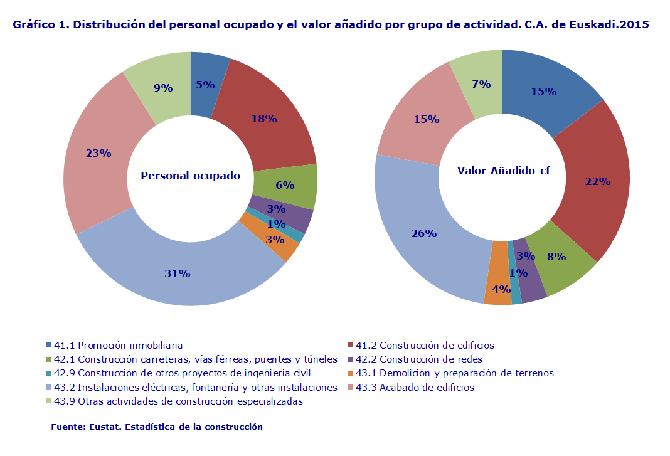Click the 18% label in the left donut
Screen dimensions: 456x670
(x=263, y=118)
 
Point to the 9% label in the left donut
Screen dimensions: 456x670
(x=163, y=88)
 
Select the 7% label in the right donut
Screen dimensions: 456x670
(x=481, y=83)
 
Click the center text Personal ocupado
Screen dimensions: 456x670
(x=190, y=176)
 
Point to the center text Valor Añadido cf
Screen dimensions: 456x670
(x=503, y=171)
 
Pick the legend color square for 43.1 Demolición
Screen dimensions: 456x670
(x=351, y=373)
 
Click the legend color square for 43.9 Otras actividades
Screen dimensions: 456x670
(x=50, y=401)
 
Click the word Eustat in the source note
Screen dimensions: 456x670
(x=107, y=427)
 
